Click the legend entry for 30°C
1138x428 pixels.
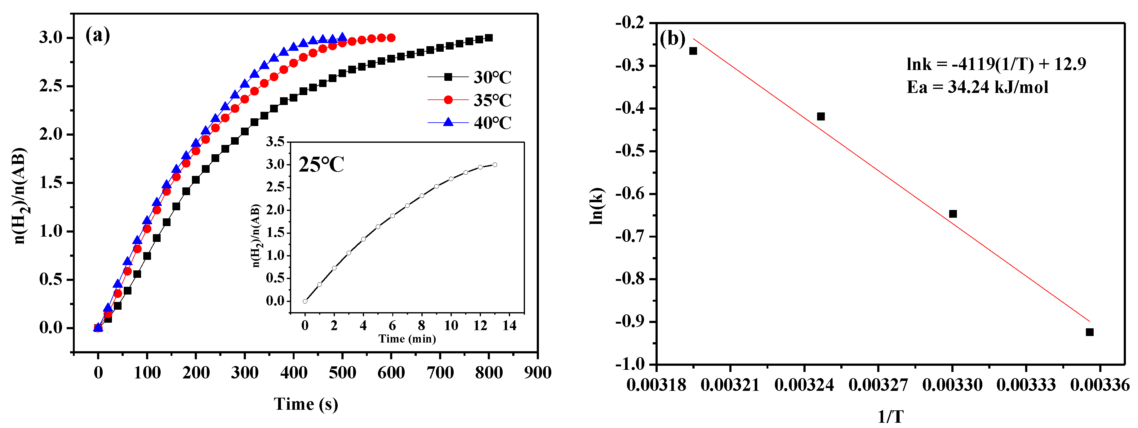[x=469, y=77]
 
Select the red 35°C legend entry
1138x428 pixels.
[x=469, y=100]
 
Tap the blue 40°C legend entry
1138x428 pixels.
[x=469, y=122]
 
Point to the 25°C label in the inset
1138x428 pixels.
[x=321, y=164]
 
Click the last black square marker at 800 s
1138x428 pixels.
[x=489, y=38]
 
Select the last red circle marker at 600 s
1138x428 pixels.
[x=391, y=38]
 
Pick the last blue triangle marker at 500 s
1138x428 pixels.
[x=342, y=37]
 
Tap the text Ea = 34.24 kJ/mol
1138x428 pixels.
[x=977, y=87]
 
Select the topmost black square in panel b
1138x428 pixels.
[x=693, y=51]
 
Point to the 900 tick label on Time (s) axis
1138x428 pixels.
[x=537, y=373]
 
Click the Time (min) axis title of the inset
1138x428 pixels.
[x=407, y=339]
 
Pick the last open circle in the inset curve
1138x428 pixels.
[x=495, y=164]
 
